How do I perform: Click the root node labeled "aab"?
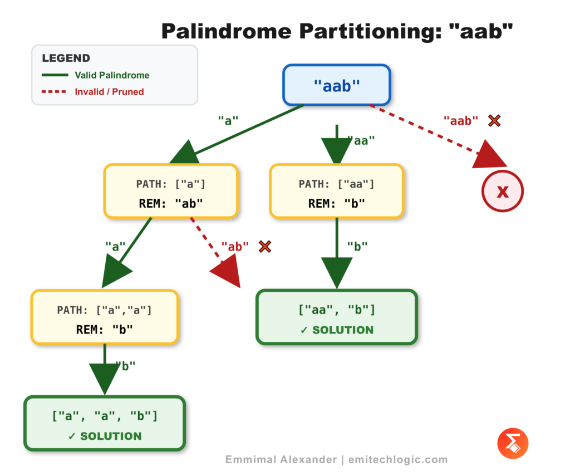tap(337, 85)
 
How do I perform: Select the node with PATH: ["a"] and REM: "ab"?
tap(171, 191)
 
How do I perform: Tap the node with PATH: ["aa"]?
tap(336, 191)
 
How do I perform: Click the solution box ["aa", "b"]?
tap(336, 317)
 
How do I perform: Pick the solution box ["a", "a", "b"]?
tap(104, 423)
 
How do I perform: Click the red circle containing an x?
tap(502, 192)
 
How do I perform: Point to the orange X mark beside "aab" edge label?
tap(494, 120)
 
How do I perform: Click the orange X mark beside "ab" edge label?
tap(265, 246)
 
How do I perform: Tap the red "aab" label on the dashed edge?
tap(461, 120)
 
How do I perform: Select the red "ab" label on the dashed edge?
tap(235, 246)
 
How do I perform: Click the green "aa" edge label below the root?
tap(361, 141)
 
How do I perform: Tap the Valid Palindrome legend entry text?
tap(112, 75)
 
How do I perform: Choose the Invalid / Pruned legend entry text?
tap(109, 92)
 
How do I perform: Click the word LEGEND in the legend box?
tap(66, 58)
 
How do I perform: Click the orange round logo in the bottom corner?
tap(512, 444)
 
